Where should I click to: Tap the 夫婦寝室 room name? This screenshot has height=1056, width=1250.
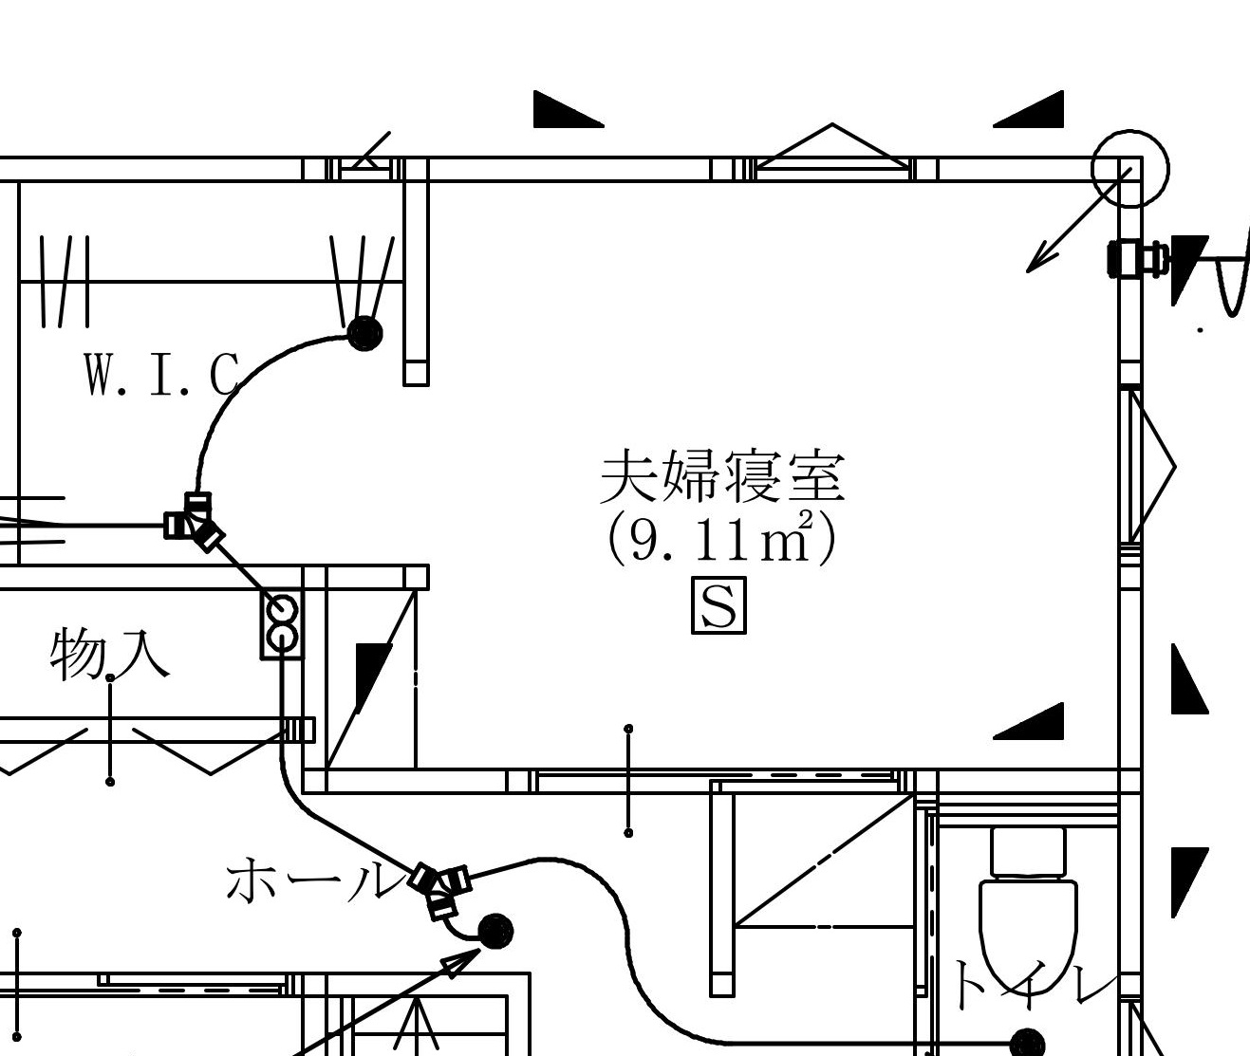[x=722, y=477]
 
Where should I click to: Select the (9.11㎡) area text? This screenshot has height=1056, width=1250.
[x=721, y=538]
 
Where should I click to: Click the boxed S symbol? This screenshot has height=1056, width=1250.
[x=719, y=605]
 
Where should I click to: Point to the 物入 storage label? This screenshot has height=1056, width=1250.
[x=109, y=655]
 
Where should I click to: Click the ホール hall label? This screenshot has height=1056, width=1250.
[x=315, y=880]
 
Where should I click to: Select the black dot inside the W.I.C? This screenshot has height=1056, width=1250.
[x=364, y=333]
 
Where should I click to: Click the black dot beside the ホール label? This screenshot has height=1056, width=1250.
[x=495, y=931]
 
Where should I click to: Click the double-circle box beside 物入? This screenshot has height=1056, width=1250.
[x=282, y=625]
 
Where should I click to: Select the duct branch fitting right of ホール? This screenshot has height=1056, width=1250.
[x=440, y=888]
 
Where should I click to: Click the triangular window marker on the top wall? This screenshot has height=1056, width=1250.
[x=832, y=146]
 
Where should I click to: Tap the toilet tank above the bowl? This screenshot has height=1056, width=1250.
[x=1028, y=851]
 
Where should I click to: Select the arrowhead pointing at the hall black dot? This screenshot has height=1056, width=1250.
[x=462, y=962]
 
